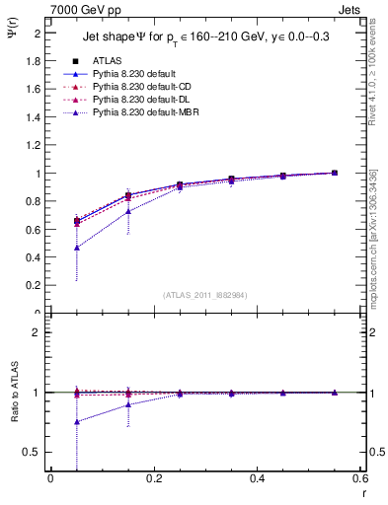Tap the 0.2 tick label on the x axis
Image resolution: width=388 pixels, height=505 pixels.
pos(153,478)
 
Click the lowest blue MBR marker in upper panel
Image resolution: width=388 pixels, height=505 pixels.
pos(77,248)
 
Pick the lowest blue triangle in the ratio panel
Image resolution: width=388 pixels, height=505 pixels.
pos(77,422)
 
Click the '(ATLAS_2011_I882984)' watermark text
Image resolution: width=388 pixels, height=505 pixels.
pos(205,294)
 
